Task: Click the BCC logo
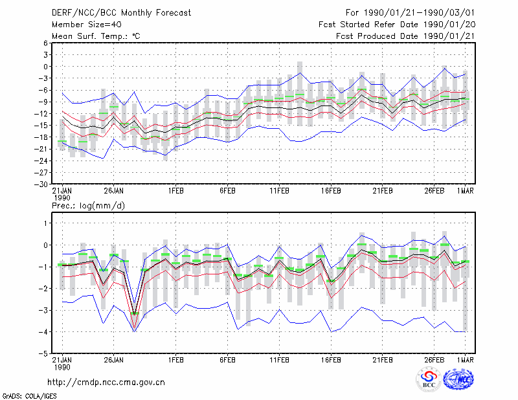pos(429,380)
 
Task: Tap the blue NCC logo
pos(458,379)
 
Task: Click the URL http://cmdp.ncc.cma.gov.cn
pos(106,383)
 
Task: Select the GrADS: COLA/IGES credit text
pos(30,396)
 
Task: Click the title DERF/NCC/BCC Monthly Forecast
pos(121,13)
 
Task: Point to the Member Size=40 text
pos(87,25)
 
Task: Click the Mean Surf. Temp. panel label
pos(96,36)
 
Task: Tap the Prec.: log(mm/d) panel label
pos(88,206)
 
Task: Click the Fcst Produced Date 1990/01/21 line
pos(405,36)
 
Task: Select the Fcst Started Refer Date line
pos(397,25)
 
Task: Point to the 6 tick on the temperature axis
pos(45,43)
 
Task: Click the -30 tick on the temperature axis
pos(41,184)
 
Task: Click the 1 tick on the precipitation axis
pos(45,223)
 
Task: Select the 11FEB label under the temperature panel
pos(280,191)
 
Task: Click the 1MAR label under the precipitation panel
pos(466,360)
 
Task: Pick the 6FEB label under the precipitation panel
pos(228,360)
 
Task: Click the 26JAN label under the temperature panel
pos(114,191)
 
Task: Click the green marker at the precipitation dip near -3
pos(135,313)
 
